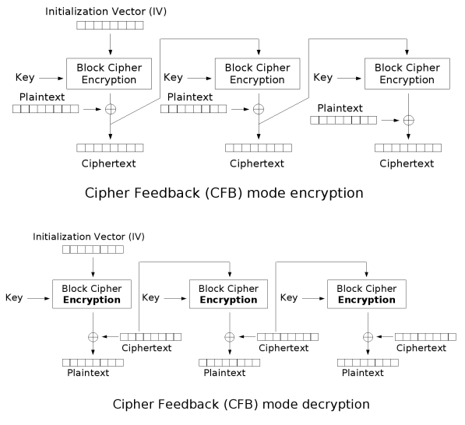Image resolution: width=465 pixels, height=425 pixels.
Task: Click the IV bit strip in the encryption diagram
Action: coord(110,26)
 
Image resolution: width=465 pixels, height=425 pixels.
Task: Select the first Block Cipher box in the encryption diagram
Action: coord(110,73)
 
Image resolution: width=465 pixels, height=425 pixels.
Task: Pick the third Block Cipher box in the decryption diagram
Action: coord(366,293)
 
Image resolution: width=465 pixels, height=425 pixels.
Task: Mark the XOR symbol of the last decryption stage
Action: coord(368,337)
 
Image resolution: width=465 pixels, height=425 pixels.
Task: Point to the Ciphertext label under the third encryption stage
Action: coord(407,163)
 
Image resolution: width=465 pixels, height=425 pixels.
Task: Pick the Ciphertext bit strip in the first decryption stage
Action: coord(151,337)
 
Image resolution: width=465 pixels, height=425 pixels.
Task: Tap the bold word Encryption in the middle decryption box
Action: coord(229,300)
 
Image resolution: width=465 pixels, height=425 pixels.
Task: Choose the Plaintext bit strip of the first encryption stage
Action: coord(45,109)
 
